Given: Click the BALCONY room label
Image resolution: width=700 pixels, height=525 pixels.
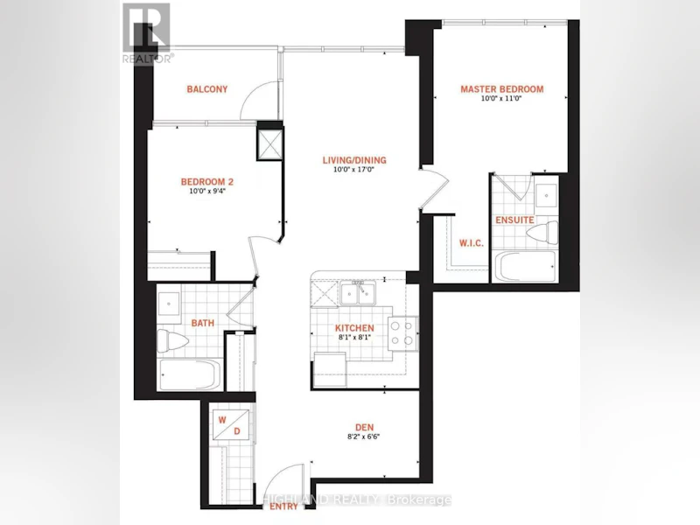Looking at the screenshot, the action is pos(207,89).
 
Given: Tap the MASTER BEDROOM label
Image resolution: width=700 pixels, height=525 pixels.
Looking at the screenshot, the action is pos(502,89).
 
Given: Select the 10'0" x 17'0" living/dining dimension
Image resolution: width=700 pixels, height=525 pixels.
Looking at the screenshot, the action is pos(354,170).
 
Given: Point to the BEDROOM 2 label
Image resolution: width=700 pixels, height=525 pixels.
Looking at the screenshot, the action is pos(207,182).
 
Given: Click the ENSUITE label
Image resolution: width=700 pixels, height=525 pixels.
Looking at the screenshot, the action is pos(514,220).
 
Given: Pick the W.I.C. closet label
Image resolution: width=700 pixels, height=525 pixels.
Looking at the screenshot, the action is pos(472,243).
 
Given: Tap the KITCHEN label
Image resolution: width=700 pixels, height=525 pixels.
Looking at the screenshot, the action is pos(354,328).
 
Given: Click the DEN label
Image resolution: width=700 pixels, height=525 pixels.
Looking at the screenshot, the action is pos(365,428).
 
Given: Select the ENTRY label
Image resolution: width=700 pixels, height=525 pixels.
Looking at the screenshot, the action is pos(283,507).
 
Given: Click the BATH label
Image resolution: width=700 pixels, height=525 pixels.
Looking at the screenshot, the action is pos(203,323).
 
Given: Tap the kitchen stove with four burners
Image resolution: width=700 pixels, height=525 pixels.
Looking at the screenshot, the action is pos(402,333).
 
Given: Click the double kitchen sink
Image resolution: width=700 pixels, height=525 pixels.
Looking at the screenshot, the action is pos(358,293).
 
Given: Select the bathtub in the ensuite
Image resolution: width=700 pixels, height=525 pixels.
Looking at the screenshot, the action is pos(524,266).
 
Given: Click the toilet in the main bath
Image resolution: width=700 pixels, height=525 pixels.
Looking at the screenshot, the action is pos(172,341).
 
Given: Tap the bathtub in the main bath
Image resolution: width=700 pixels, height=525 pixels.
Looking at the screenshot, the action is pos(190,374).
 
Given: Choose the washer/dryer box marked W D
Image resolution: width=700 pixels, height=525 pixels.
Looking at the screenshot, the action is pos(230,425).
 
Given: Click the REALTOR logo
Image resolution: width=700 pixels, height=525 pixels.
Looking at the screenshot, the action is pos(147,33).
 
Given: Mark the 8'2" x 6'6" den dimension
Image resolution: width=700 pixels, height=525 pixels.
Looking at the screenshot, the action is pos(364,437).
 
